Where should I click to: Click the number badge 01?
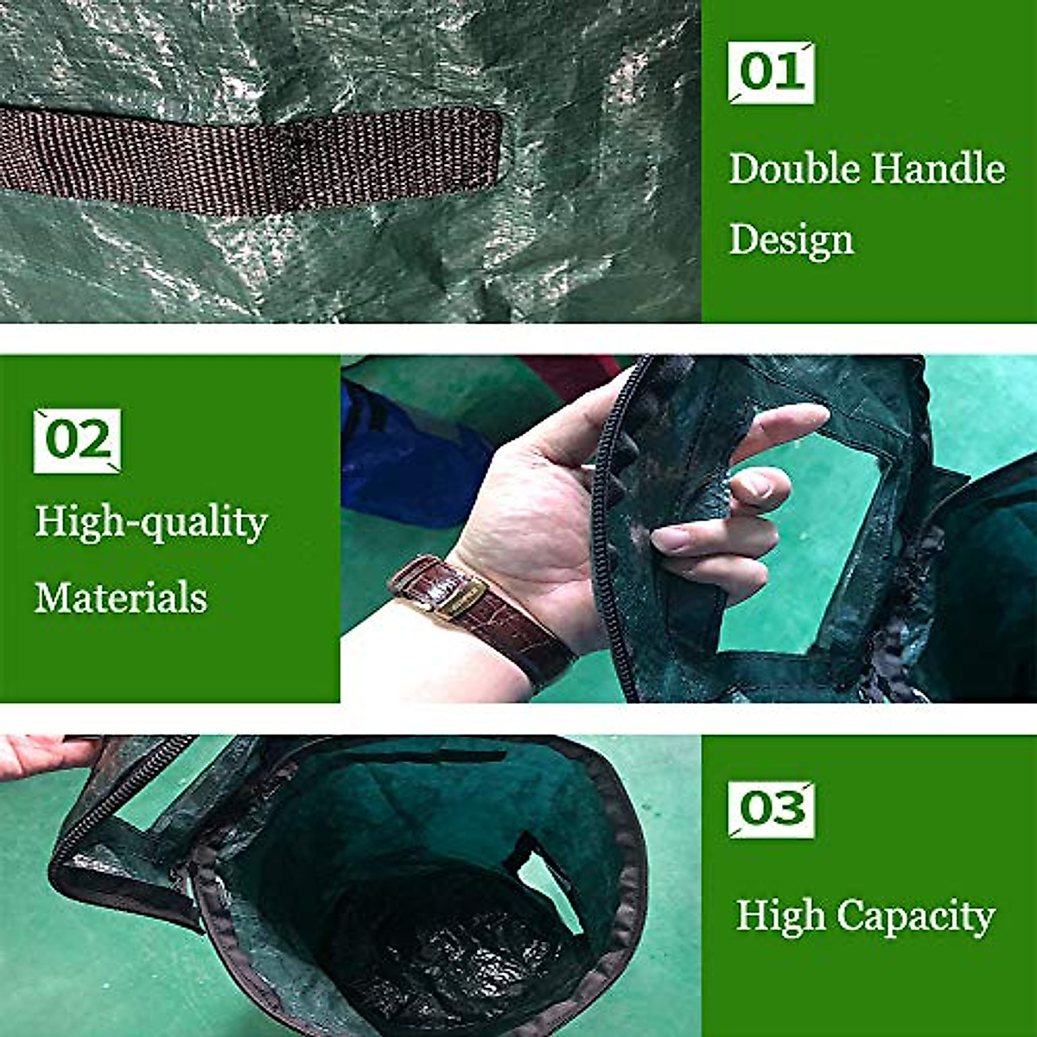pyautogui.click(x=771, y=73)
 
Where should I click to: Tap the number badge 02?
pyautogui.click(x=77, y=441)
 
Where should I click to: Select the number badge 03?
pyautogui.click(x=771, y=809)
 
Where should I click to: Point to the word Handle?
pyautogui.click(x=938, y=168)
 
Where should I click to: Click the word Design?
pyautogui.click(x=791, y=240)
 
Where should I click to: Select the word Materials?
pyautogui.click(x=121, y=597)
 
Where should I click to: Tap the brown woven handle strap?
pyautogui.click(x=251, y=160)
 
